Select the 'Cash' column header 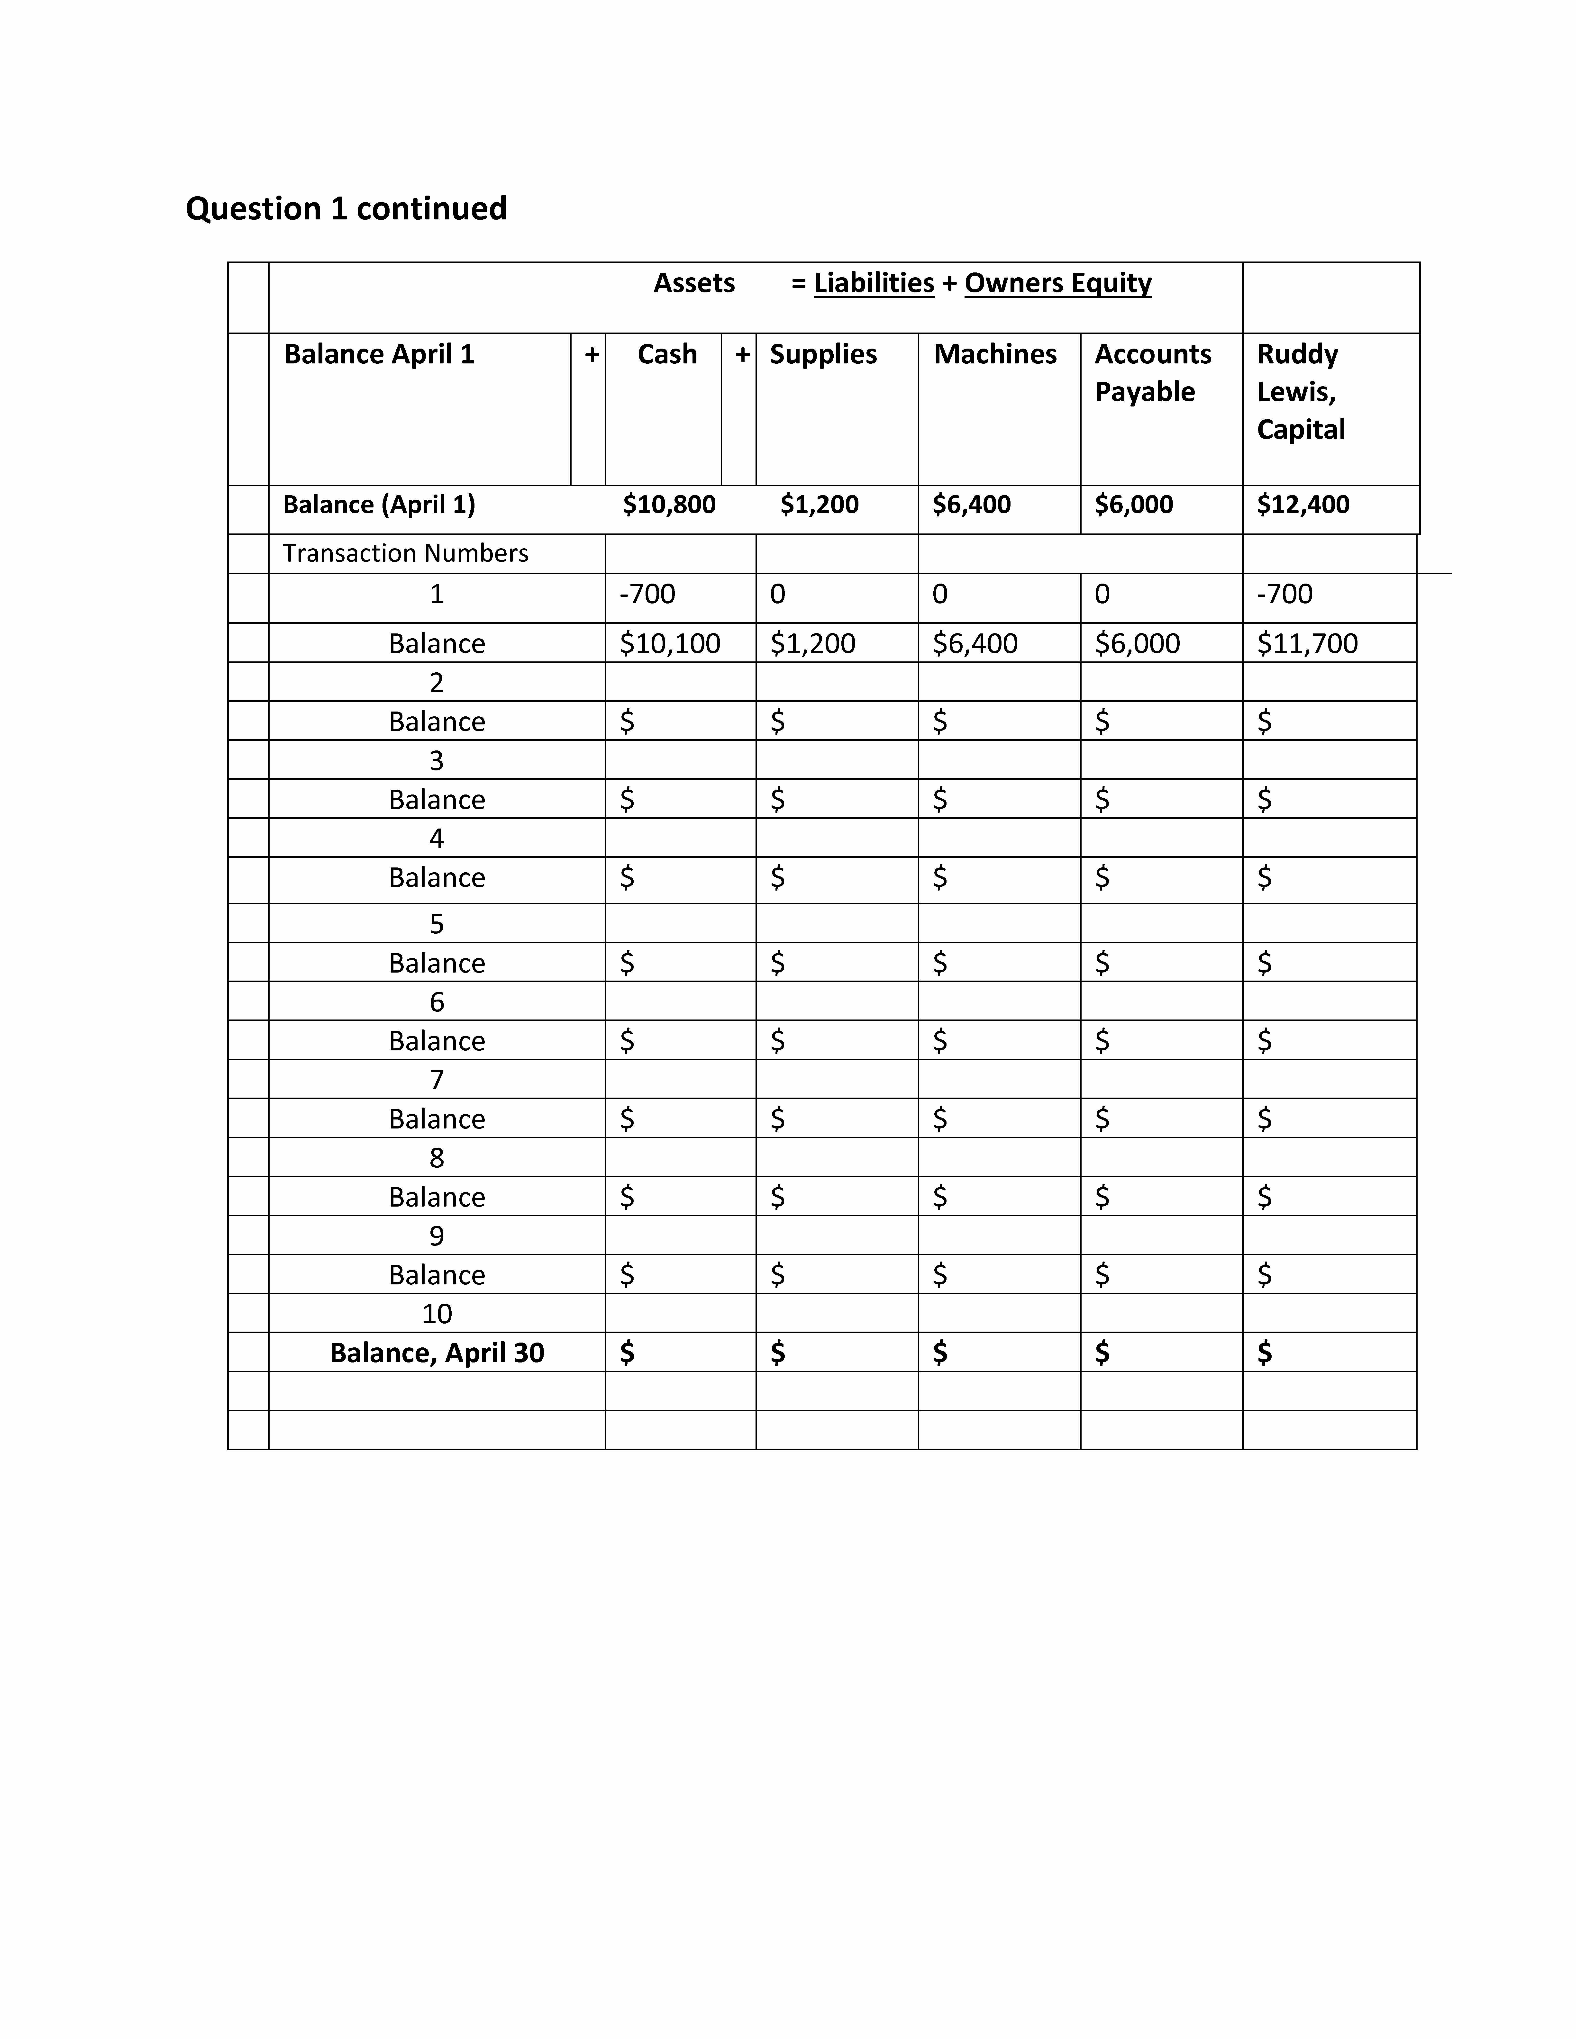pyautogui.click(x=667, y=355)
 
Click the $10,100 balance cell pyautogui.click(x=669, y=643)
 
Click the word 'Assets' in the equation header pyautogui.click(x=694, y=283)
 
